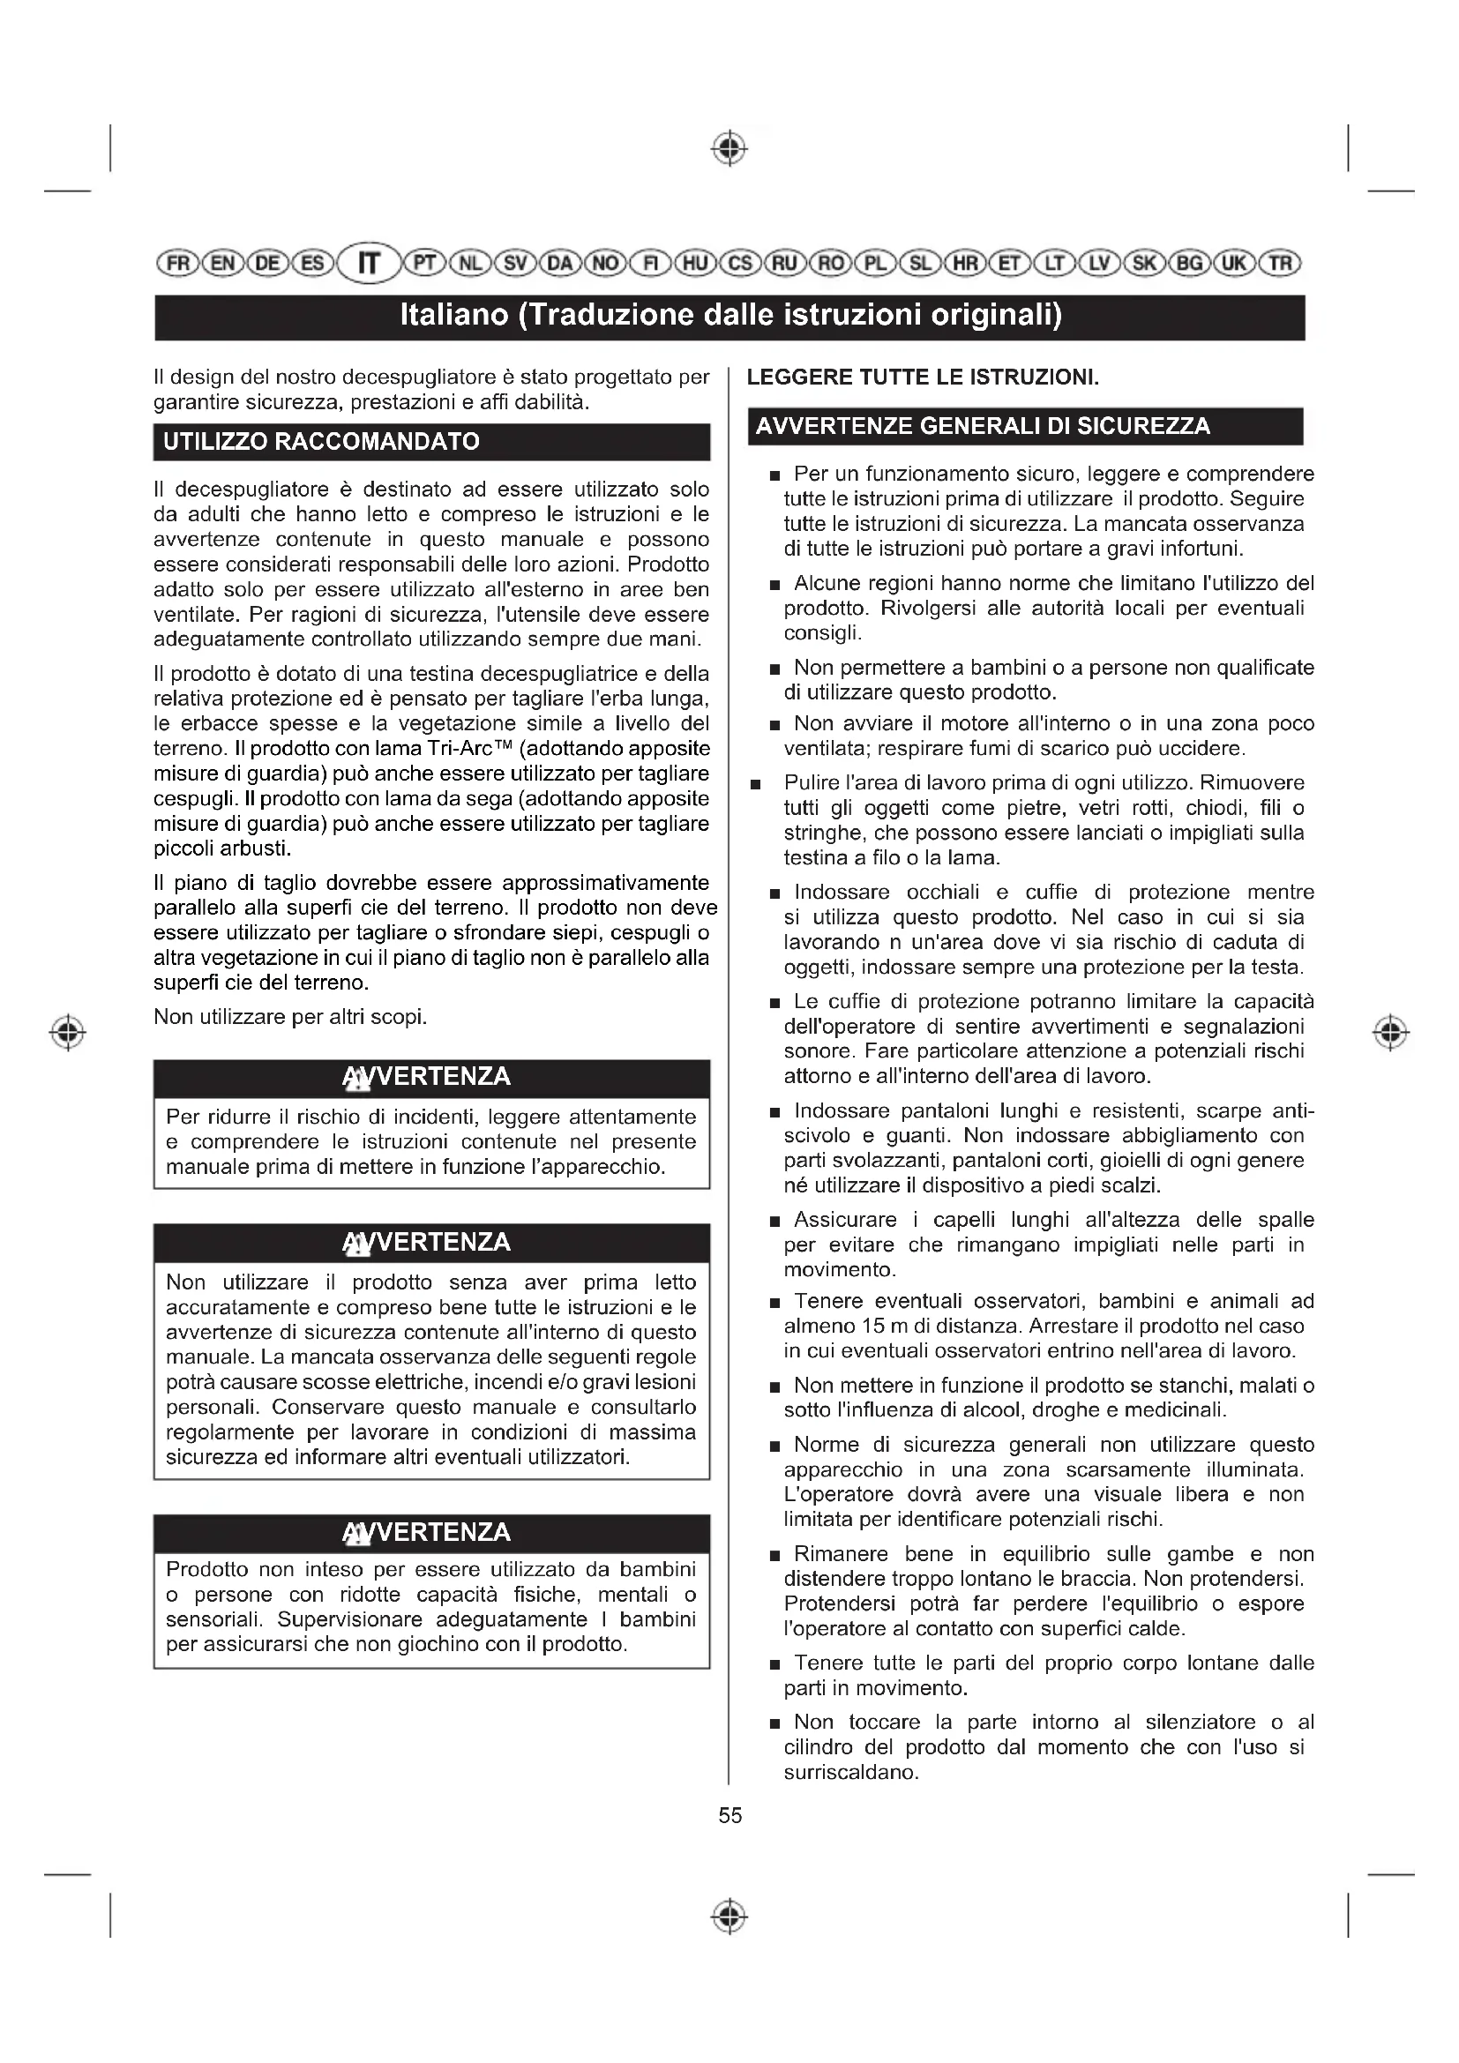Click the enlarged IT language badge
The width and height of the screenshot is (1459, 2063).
370,263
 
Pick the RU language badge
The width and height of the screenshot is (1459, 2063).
784,263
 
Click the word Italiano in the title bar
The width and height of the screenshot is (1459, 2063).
453,317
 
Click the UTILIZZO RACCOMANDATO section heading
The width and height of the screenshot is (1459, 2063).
321,442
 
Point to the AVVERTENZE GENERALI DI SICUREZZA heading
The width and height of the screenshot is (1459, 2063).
982,426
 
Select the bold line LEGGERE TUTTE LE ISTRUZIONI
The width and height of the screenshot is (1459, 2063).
923,377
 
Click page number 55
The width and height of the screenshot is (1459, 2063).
729,1815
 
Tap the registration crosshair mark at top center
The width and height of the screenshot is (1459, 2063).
729,148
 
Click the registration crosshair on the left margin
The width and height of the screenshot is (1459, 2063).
68,1032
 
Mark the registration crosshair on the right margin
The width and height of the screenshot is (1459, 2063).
1390,1032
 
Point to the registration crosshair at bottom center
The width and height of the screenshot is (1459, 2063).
729,1916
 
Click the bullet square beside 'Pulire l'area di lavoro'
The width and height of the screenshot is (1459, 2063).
756,784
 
